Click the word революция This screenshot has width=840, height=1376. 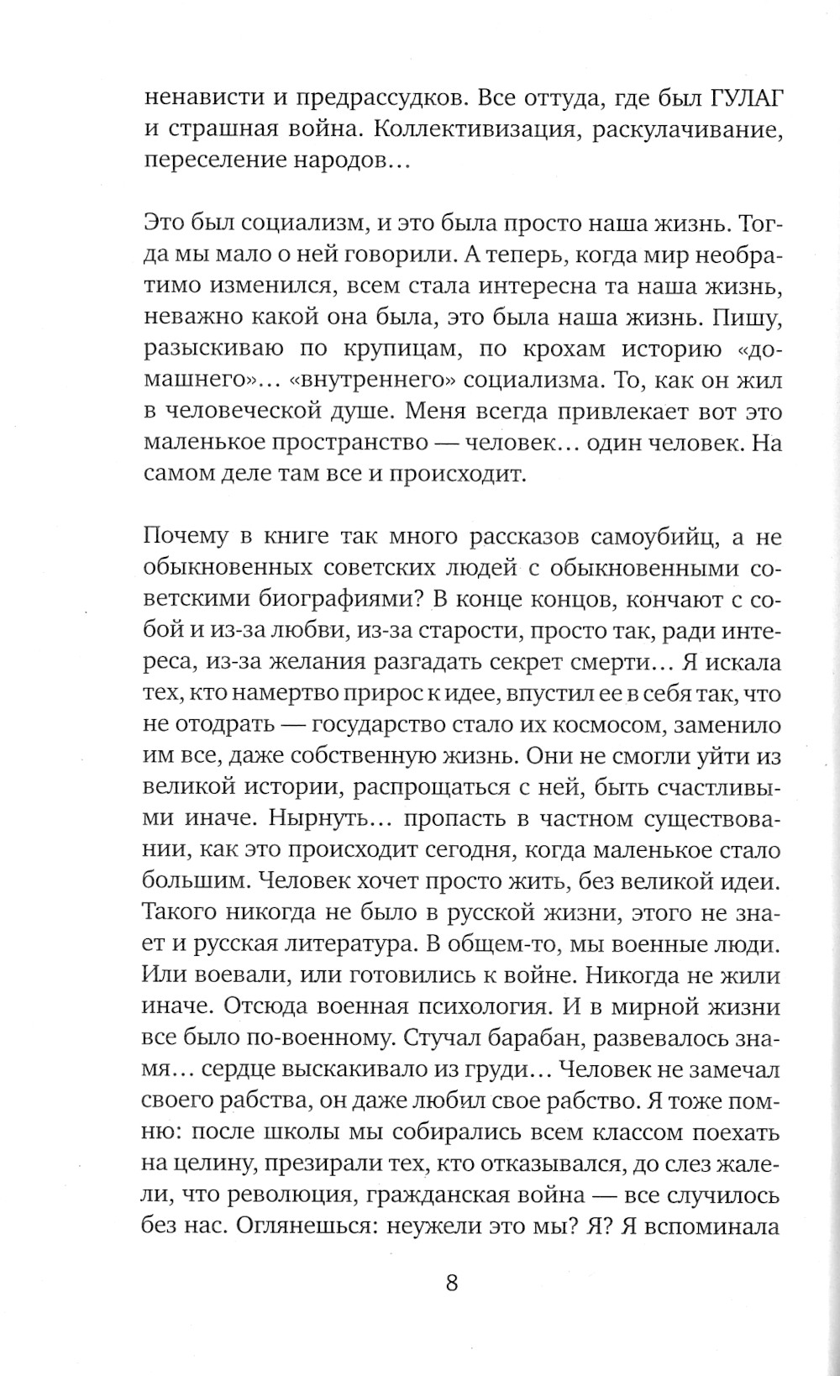point(302,1194)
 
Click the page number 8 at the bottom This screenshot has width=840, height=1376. point(452,1284)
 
